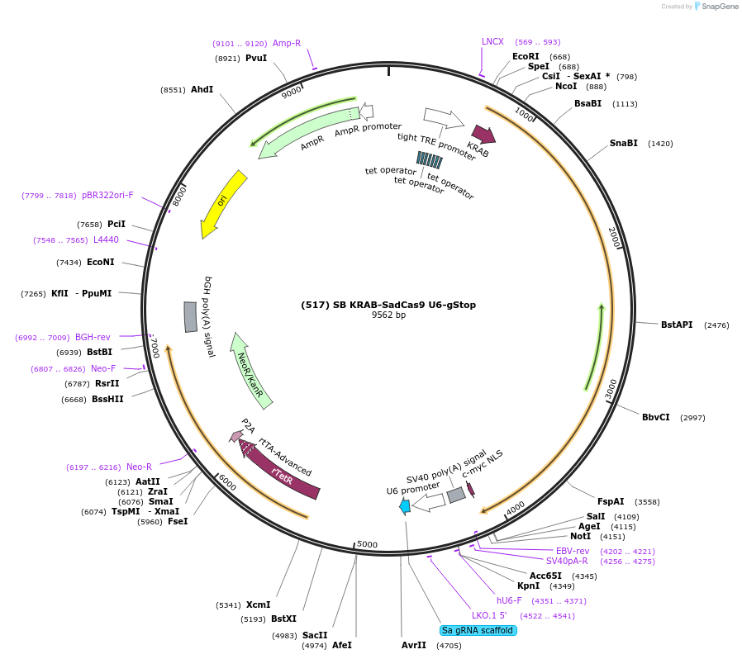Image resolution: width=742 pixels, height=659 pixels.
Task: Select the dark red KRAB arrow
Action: click(x=483, y=135)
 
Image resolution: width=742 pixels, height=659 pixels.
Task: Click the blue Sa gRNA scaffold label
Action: click(x=478, y=630)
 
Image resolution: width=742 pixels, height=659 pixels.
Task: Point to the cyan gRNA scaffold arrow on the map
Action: click(x=404, y=507)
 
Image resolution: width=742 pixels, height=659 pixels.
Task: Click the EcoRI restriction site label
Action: click(x=526, y=56)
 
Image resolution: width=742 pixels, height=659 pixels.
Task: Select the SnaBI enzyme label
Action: click(x=623, y=143)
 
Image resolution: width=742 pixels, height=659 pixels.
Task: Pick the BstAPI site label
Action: click(x=677, y=325)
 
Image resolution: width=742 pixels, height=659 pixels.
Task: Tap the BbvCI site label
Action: click(x=655, y=417)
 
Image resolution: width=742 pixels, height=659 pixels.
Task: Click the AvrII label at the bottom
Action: click(x=413, y=645)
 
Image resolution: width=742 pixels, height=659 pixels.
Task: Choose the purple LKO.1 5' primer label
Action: click(x=489, y=615)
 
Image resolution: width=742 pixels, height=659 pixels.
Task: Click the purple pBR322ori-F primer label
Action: click(x=107, y=195)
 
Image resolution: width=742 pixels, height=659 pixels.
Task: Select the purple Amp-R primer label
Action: click(x=287, y=43)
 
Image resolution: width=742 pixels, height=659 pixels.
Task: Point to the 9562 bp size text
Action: click(x=388, y=315)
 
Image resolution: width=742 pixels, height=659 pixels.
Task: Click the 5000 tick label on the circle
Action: click(x=367, y=544)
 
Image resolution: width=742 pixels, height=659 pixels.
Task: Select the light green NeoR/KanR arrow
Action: click(x=250, y=367)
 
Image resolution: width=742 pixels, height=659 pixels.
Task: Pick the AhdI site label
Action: click(x=202, y=89)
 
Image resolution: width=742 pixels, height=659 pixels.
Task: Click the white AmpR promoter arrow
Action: click(x=366, y=111)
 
